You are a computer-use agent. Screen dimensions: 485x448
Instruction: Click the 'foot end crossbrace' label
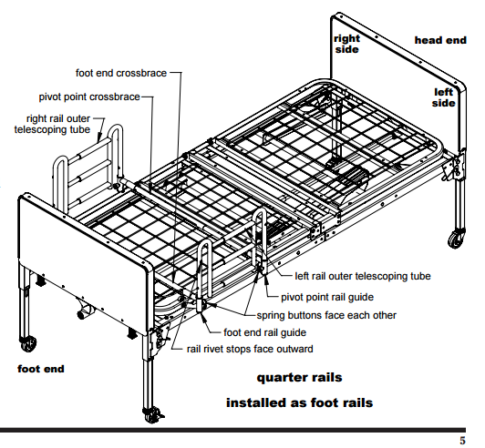[x=121, y=73]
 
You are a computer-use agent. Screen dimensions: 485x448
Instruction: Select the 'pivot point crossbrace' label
[x=89, y=97]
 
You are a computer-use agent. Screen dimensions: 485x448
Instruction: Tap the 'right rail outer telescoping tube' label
[x=52, y=124]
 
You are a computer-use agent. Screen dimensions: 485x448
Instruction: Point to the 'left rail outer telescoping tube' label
[x=363, y=276]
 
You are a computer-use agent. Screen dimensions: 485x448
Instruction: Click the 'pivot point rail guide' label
[x=327, y=297]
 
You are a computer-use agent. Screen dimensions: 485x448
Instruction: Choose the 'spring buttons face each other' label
[x=326, y=315]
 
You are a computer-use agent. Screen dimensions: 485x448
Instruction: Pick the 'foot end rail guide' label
[x=264, y=332]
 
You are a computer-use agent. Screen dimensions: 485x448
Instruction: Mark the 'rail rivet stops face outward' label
[x=250, y=349]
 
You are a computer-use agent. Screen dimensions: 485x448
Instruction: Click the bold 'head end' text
[x=440, y=40]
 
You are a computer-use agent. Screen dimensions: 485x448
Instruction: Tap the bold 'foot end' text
[x=41, y=369]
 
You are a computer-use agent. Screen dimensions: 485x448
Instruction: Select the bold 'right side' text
[x=347, y=44]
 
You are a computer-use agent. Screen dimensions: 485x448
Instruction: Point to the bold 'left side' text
[x=444, y=97]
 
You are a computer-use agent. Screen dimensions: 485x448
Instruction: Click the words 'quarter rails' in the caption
[x=299, y=378]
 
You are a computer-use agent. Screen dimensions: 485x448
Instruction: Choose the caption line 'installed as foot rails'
[x=299, y=402]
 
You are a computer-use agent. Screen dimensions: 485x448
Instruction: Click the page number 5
[x=462, y=441]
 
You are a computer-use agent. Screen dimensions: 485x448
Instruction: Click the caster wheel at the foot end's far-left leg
[x=28, y=343]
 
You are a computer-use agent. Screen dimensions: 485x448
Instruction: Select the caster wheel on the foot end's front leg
[x=152, y=415]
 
